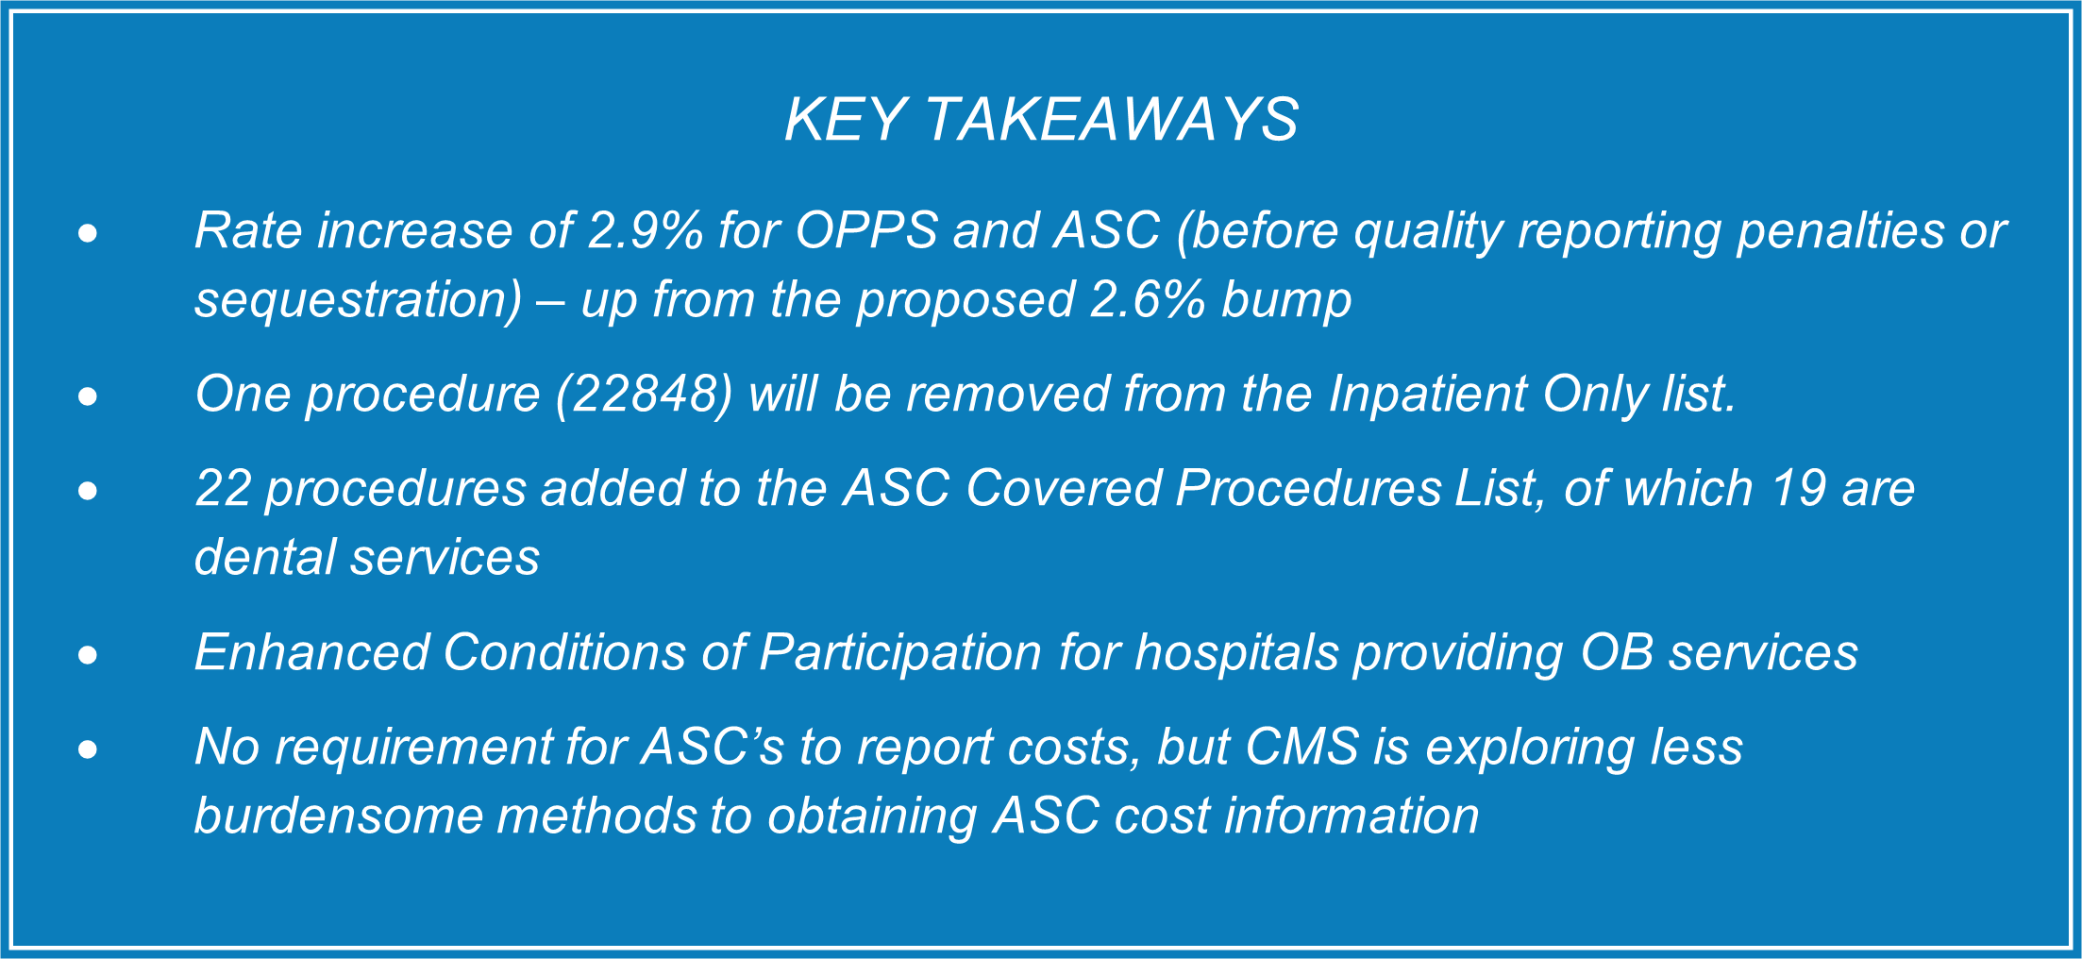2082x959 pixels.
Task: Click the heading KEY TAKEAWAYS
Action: (1041, 120)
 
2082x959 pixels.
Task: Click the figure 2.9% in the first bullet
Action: (645, 230)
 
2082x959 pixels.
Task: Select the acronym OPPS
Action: (866, 230)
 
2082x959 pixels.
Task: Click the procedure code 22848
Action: (645, 394)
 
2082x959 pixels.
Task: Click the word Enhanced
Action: (311, 652)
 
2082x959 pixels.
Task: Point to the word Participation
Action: (900, 652)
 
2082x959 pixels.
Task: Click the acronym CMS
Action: (1302, 747)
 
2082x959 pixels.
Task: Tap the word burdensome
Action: (339, 816)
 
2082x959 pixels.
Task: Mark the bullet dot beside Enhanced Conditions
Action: (88, 654)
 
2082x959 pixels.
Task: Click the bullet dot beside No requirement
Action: (88, 749)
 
